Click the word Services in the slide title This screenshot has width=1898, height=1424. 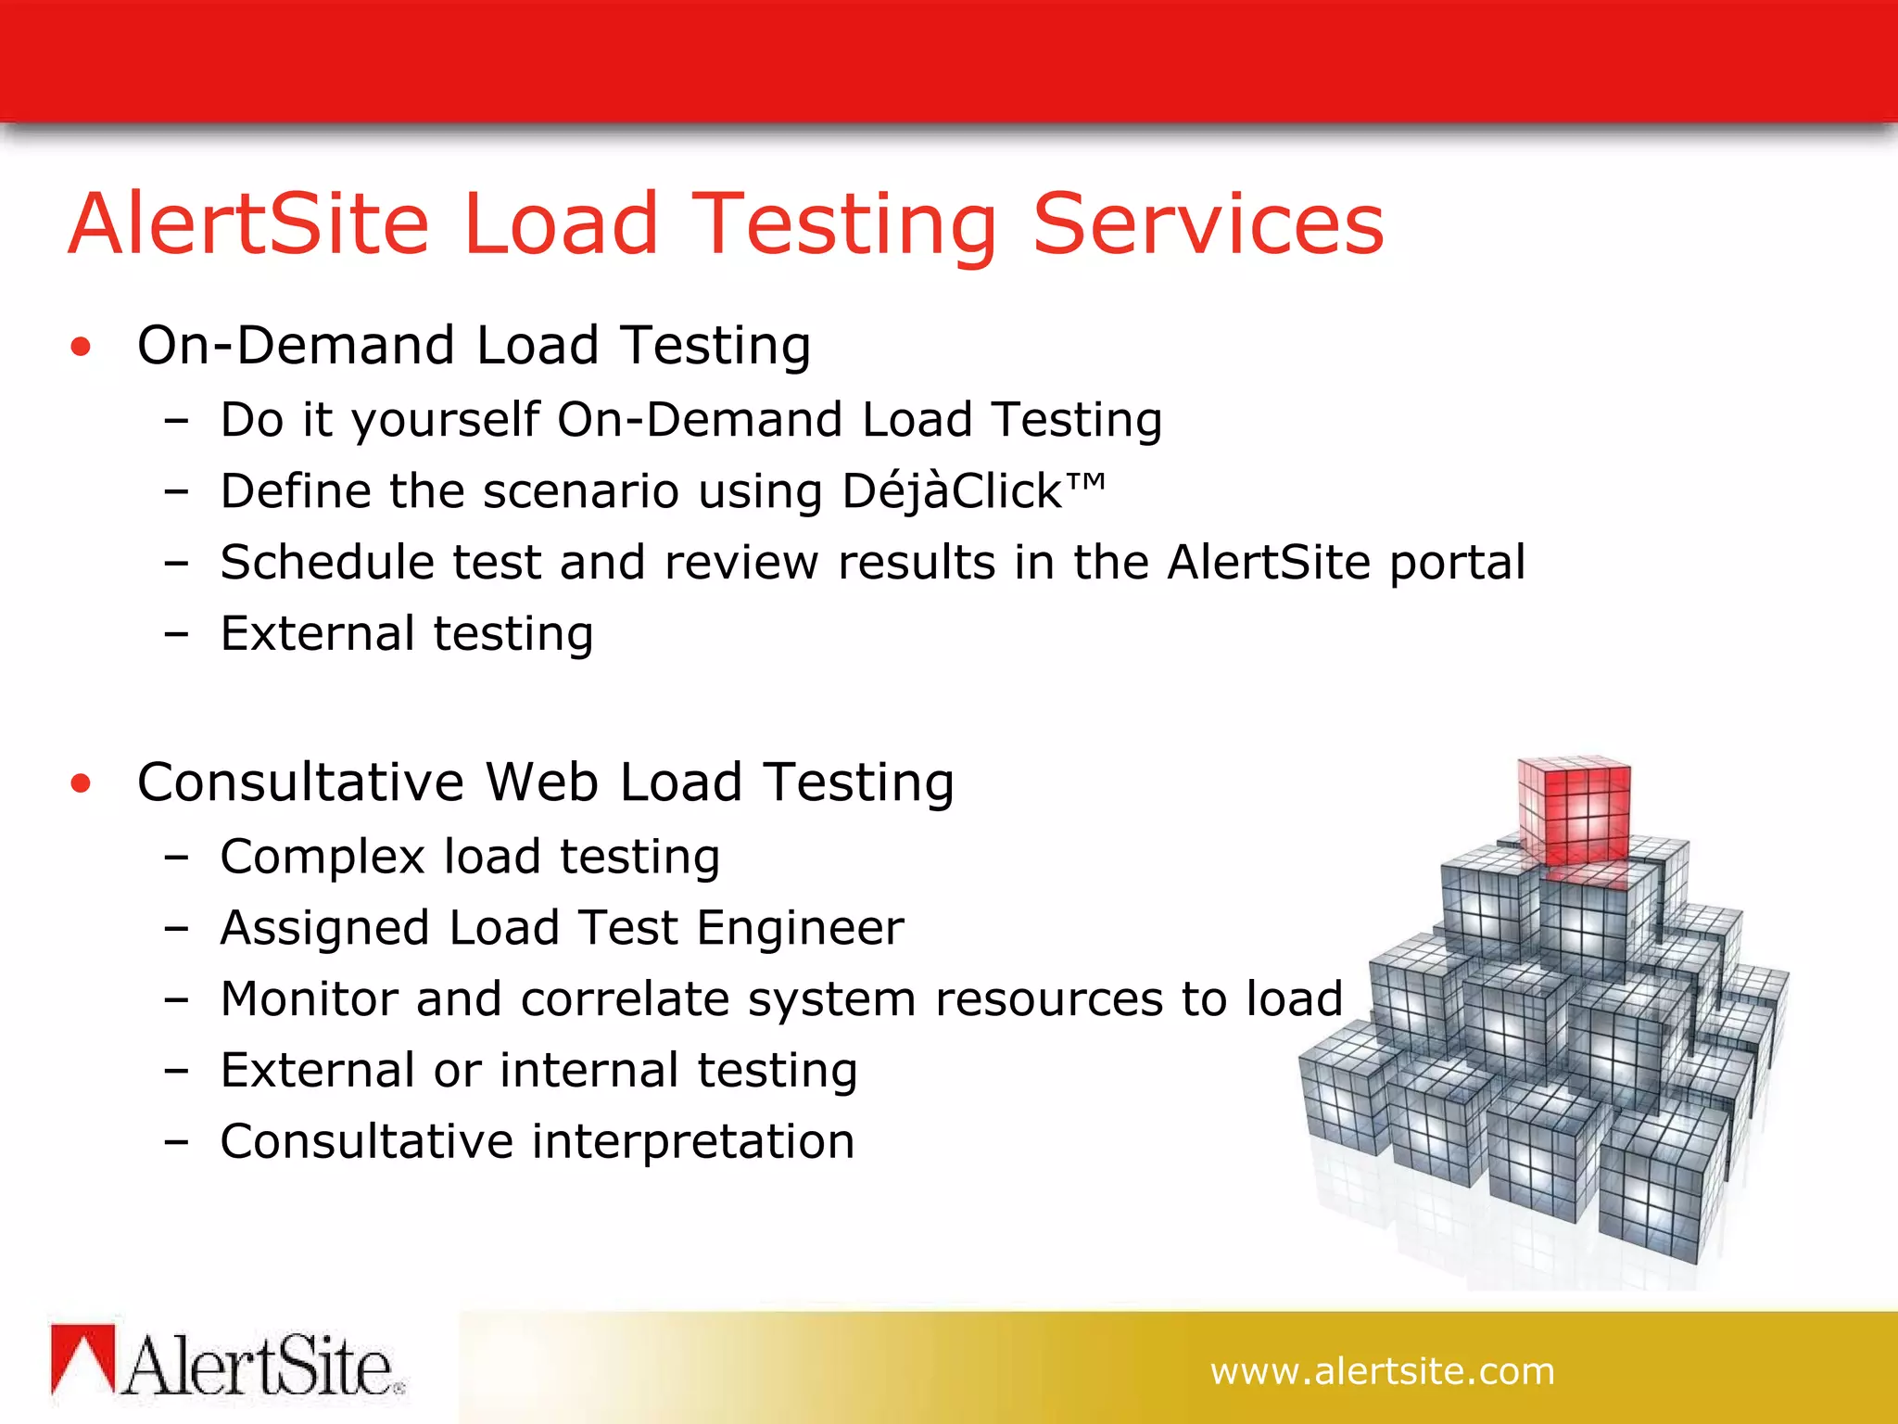pos(1208,224)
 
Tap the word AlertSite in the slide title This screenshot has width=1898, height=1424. pos(249,224)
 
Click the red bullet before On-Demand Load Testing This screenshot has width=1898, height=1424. pos(82,348)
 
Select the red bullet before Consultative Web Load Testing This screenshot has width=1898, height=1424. pos(82,784)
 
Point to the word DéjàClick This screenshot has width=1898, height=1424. pos(952,491)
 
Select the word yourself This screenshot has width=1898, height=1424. pos(446,420)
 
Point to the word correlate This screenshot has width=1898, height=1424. pos(626,999)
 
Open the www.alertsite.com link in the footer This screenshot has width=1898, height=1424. pos(1382,1371)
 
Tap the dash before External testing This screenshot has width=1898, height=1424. pos(176,635)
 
